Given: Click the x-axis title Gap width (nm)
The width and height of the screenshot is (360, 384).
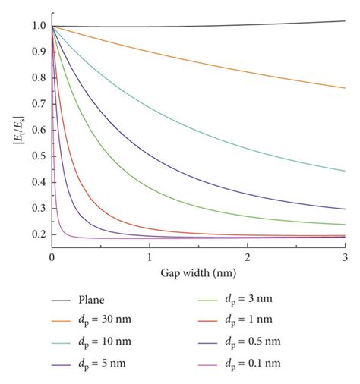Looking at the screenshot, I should (x=197, y=271).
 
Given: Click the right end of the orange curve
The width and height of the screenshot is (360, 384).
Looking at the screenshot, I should (x=345, y=88).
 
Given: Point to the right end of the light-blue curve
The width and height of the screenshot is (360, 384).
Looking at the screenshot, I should (x=345, y=171).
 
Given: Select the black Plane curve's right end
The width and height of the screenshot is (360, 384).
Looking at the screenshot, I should (x=345, y=20).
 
